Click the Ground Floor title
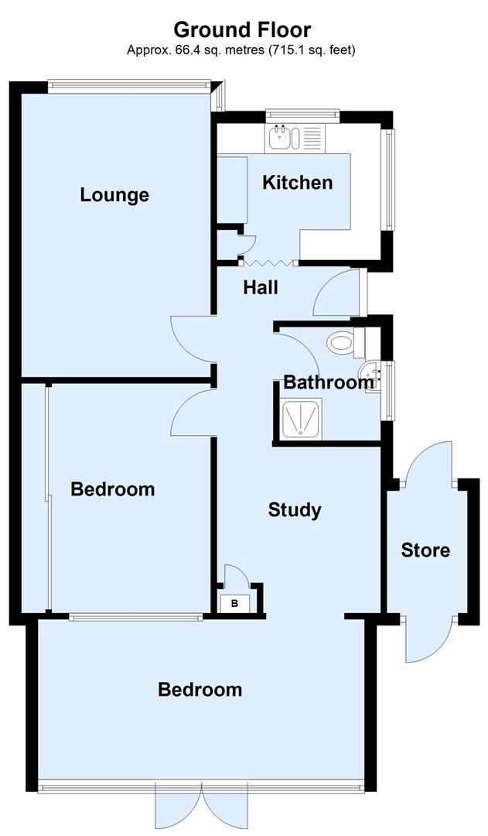pyautogui.click(x=242, y=29)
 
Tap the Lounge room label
pyautogui.click(x=114, y=194)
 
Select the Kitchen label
pyautogui.click(x=298, y=183)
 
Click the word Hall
pyautogui.click(x=260, y=287)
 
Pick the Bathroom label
pyautogui.click(x=328, y=382)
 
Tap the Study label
pyautogui.click(x=295, y=509)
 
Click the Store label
pyautogui.click(x=425, y=550)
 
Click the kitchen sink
pyautogui.click(x=281, y=139)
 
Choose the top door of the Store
pyautogui.click(x=427, y=465)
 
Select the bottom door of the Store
pyautogui.click(x=427, y=639)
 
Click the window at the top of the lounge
pyautogui.click(x=128, y=82)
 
